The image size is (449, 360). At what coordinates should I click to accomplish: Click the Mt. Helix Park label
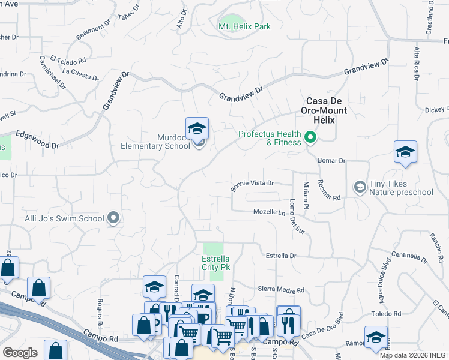click(244, 26)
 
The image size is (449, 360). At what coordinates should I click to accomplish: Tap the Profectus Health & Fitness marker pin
click(310, 138)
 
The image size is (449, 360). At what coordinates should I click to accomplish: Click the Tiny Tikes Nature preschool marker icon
click(360, 188)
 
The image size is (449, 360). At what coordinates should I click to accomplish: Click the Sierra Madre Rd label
click(282, 290)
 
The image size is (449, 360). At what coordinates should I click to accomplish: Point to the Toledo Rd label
click(386, 314)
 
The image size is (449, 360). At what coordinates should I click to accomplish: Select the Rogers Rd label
click(100, 310)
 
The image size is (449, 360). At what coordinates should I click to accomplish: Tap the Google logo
click(20, 353)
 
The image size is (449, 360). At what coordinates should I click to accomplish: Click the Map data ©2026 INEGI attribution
click(414, 355)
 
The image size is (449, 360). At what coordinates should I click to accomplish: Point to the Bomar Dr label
click(333, 161)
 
